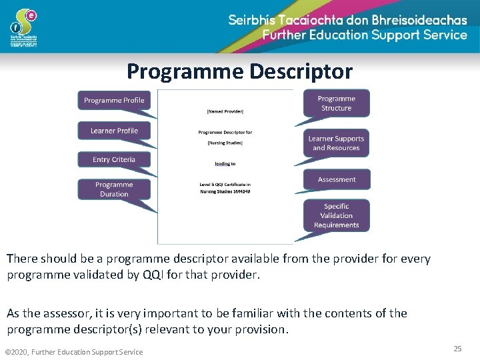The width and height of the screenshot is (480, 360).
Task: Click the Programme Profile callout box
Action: (114, 100)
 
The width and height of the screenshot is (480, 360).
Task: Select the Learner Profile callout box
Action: (114, 131)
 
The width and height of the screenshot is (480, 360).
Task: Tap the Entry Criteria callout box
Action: (114, 159)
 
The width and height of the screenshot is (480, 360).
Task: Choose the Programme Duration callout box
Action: (114, 189)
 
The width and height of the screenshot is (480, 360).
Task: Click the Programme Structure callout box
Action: (336, 103)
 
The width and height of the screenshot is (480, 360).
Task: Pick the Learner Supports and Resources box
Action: (336, 143)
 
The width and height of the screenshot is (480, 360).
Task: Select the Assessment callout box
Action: (337, 179)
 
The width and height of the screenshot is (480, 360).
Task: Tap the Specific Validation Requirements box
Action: (336, 215)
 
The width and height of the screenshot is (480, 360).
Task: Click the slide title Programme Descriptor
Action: (239, 71)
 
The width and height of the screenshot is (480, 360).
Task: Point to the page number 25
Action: (457, 349)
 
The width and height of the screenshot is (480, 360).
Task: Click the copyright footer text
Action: (73, 352)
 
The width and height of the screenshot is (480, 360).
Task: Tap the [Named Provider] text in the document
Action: (225, 111)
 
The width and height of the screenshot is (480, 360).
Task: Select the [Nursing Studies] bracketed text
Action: (225, 142)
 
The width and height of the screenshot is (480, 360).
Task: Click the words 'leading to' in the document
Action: (225, 163)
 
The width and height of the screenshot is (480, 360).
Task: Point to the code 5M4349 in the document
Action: (241, 191)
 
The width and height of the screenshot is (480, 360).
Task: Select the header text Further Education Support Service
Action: (365, 35)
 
